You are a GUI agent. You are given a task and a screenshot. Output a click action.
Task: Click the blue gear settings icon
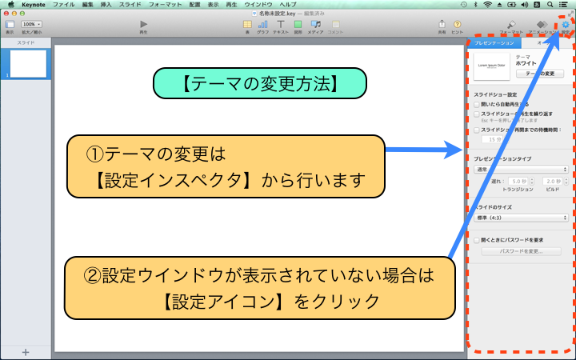tap(566, 25)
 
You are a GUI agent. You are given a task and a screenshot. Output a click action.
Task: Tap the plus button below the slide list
tap(26, 352)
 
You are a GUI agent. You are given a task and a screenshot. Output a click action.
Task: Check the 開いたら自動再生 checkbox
tap(477, 104)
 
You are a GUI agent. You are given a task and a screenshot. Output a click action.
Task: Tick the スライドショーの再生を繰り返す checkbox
tap(477, 114)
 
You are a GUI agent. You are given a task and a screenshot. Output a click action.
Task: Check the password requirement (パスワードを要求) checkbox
tap(477, 239)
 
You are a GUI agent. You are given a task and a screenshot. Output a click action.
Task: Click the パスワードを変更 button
tap(521, 251)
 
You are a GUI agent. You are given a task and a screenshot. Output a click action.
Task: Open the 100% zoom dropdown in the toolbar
tap(32, 25)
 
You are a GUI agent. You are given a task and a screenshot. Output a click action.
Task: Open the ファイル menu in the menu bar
tap(63, 5)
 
